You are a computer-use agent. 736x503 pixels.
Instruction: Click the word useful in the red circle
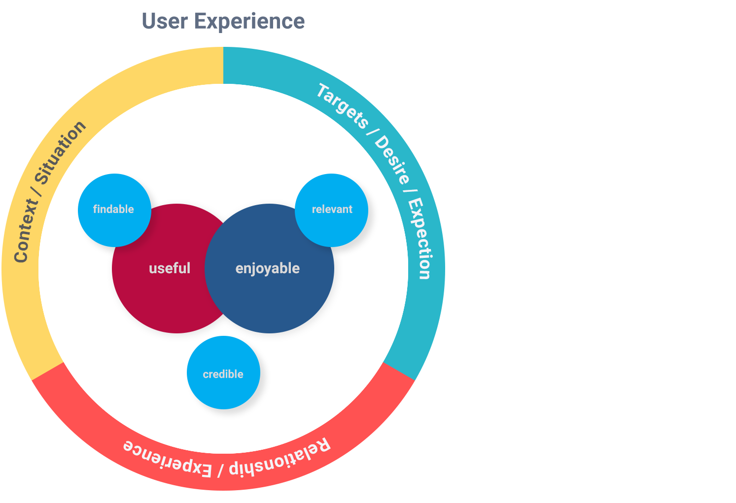click(x=170, y=268)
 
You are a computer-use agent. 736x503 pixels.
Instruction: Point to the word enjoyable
click(x=268, y=269)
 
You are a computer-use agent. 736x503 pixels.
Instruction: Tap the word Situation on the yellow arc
click(x=61, y=152)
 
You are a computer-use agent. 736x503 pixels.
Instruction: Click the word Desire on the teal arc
click(x=392, y=159)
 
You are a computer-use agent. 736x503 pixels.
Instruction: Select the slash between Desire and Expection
click(x=409, y=192)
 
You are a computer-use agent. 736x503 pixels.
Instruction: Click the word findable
click(x=113, y=209)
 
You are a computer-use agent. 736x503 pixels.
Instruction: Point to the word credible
click(x=223, y=374)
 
